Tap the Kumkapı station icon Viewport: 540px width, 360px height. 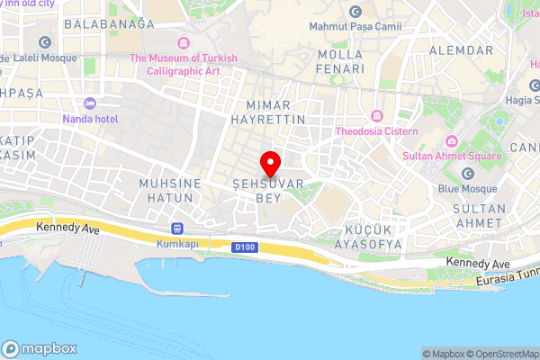[175, 229]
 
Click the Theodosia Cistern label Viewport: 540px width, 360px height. [377, 131]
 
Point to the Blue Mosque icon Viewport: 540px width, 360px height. [467, 174]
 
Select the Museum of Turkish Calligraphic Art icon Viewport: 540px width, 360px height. [184, 43]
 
